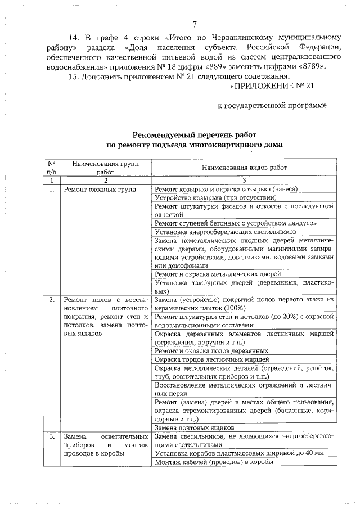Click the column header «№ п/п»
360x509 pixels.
click(51, 167)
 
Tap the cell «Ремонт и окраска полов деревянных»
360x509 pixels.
click(211, 350)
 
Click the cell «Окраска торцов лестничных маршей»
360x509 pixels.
click(212, 359)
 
